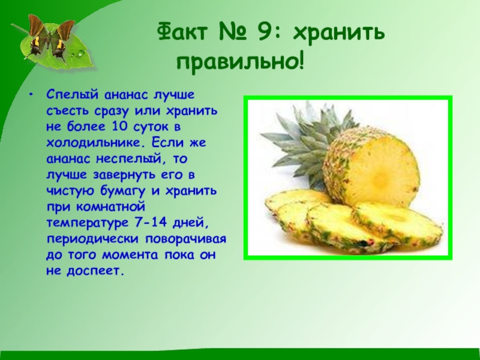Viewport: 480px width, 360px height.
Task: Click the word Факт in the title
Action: click(183, 31)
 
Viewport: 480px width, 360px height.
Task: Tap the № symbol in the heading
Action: click(233, 32)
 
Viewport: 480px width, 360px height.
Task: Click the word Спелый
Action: click(73, 95)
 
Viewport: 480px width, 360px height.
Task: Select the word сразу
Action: click(112, 110)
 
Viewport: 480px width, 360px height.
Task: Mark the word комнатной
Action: click(110, 206)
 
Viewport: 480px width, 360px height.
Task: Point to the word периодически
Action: click(92, 239)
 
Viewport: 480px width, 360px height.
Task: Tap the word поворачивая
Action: click(186, 239)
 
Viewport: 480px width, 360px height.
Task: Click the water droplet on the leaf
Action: click(81, 55)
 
